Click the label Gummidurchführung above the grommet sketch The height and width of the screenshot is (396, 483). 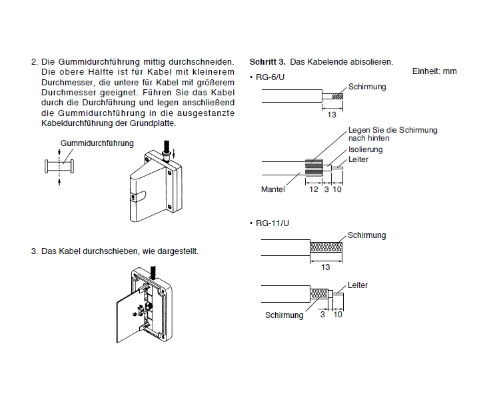coord(97,143)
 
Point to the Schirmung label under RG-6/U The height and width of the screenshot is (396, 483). coord(366,87)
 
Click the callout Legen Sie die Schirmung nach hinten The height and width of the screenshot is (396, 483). coord(392,134)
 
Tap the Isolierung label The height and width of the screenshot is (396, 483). coord(366,150)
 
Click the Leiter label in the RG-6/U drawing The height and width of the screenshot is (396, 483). coord(358,159)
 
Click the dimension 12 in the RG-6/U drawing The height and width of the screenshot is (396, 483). coord(313,189)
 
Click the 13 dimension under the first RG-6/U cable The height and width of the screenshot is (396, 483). coord(332,115)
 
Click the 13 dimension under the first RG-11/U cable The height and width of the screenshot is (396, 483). coord(326,267)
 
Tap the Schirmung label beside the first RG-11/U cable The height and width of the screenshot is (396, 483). coord(366,235)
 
